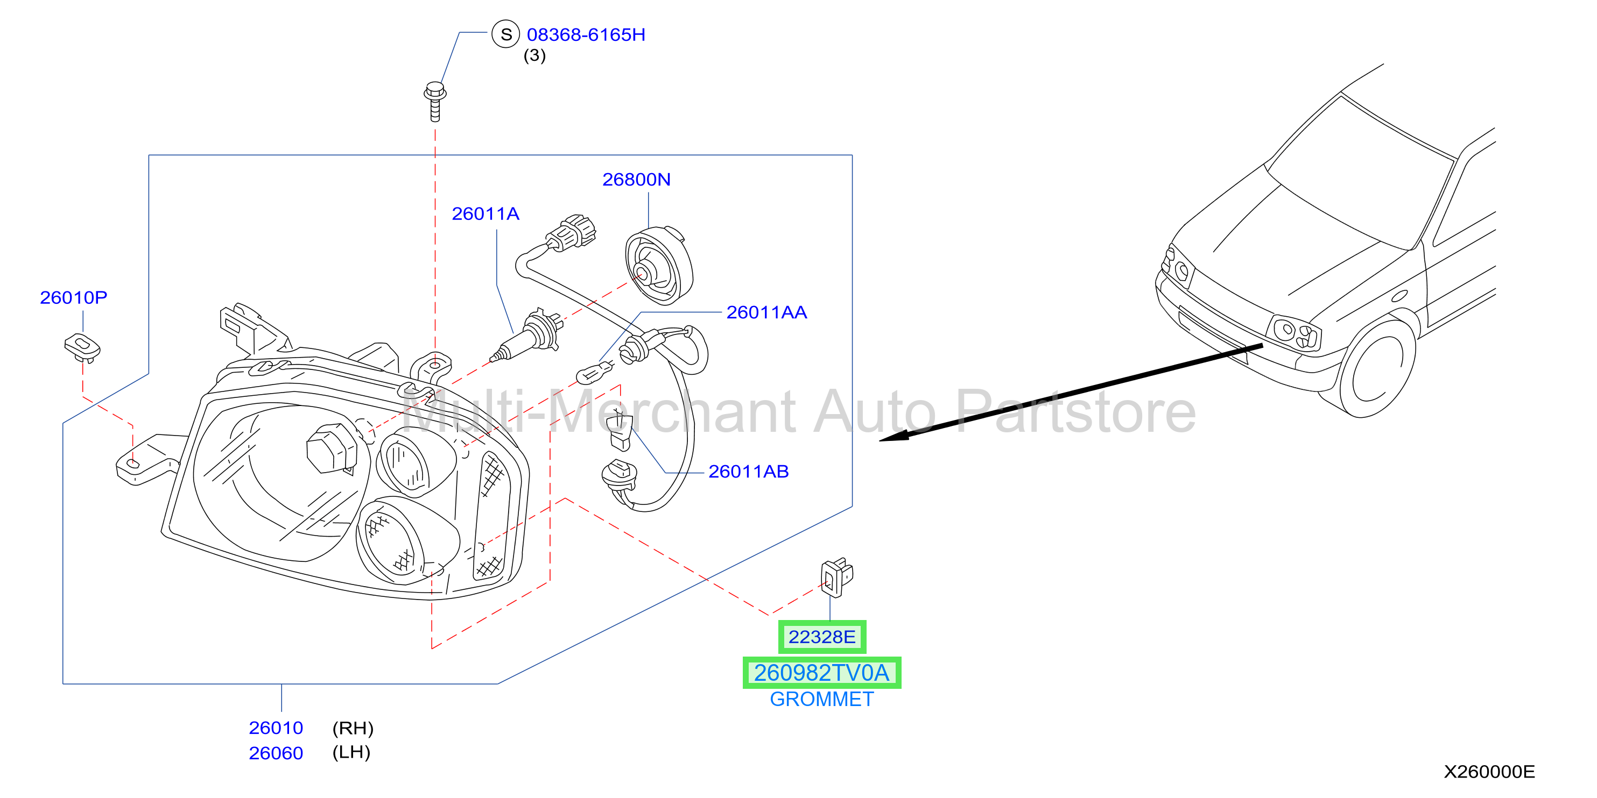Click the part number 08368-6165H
point(586,35)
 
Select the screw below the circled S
point(435,102)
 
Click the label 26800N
point(637,180)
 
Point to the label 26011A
point(486,214)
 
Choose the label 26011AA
point(766,312)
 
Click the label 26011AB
point(748,472)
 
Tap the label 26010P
point(74,297)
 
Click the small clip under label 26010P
point(82,348)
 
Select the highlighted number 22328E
point(822,637)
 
